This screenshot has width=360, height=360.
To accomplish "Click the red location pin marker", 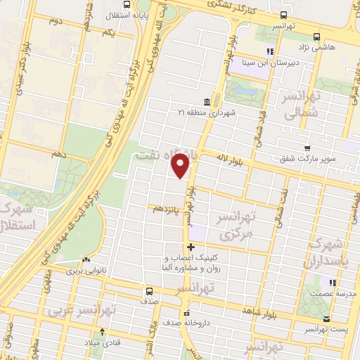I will [x=181, y=166].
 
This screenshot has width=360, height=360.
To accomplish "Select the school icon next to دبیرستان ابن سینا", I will [x=270, y=51].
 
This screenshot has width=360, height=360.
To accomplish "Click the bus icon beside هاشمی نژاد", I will [x=316, y=37].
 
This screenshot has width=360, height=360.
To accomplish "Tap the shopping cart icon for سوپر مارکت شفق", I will [x=307, y=148].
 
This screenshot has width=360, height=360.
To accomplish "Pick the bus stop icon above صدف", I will [x=148, y=291].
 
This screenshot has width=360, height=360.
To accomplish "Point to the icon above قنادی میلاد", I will [x=103, y=332].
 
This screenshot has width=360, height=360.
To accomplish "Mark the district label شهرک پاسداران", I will [x=328, y=253].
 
